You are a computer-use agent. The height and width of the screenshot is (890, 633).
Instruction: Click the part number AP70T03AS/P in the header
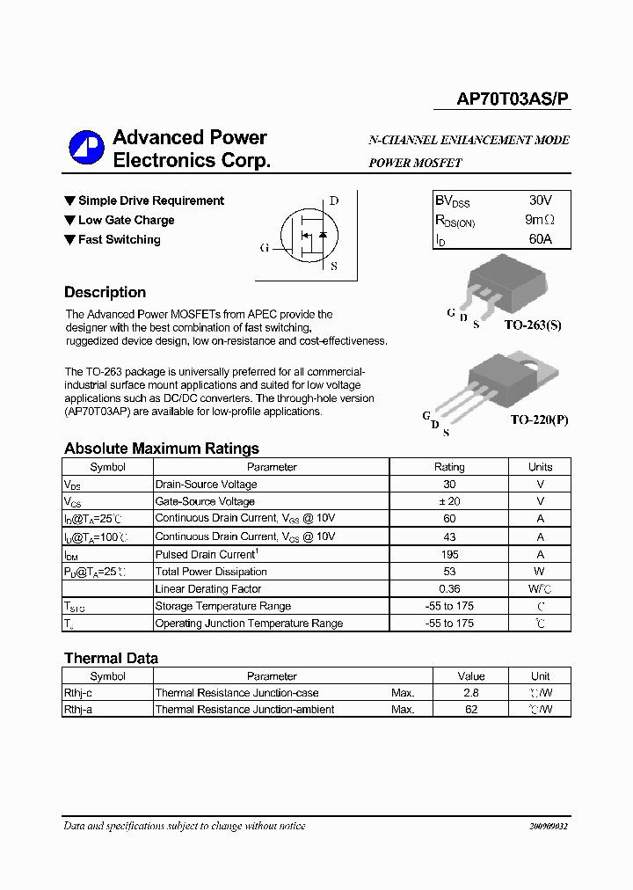[513, 100]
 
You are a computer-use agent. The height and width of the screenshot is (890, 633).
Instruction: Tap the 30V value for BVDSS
[541, 201]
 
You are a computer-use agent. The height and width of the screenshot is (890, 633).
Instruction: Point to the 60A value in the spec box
[540, 239]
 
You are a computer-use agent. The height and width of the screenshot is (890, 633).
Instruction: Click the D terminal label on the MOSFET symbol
[333, 201]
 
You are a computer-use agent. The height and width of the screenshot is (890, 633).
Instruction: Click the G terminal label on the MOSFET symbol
[264, 248]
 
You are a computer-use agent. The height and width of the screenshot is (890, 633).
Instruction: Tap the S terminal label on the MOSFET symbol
[333, 266]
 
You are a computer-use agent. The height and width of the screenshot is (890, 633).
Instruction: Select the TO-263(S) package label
[532, 325]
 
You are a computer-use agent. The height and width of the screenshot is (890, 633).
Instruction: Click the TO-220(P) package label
[539, 419]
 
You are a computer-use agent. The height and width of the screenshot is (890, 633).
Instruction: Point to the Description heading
[105, 293]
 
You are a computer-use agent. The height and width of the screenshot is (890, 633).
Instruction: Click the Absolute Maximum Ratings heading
[161, 449]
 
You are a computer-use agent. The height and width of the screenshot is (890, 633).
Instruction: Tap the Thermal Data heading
[111, 658]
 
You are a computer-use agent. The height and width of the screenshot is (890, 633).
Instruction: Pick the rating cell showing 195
[449, 554]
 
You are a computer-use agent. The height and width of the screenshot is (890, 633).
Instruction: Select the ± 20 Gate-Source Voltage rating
[449, 501]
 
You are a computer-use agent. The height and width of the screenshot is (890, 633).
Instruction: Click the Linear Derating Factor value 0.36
[449, 588]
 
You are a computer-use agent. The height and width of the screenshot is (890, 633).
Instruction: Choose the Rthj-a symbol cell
[78, 709]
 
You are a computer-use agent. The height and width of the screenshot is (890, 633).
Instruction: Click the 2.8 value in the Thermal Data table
[471, 693]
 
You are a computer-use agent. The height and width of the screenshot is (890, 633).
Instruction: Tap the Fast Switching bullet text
[119, 239]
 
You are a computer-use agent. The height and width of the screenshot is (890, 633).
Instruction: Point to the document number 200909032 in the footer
[549, 827]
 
